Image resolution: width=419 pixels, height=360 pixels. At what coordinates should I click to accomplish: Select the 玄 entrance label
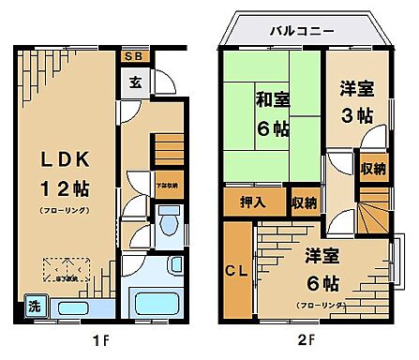(x=136, y=82)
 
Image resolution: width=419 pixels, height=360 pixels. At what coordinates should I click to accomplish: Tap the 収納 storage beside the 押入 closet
(x=302, y=202)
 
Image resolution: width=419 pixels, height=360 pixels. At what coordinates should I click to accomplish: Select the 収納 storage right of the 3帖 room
(x=373, y=170)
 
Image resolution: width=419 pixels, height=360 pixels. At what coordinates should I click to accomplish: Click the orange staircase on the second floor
(x=372, y=210)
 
